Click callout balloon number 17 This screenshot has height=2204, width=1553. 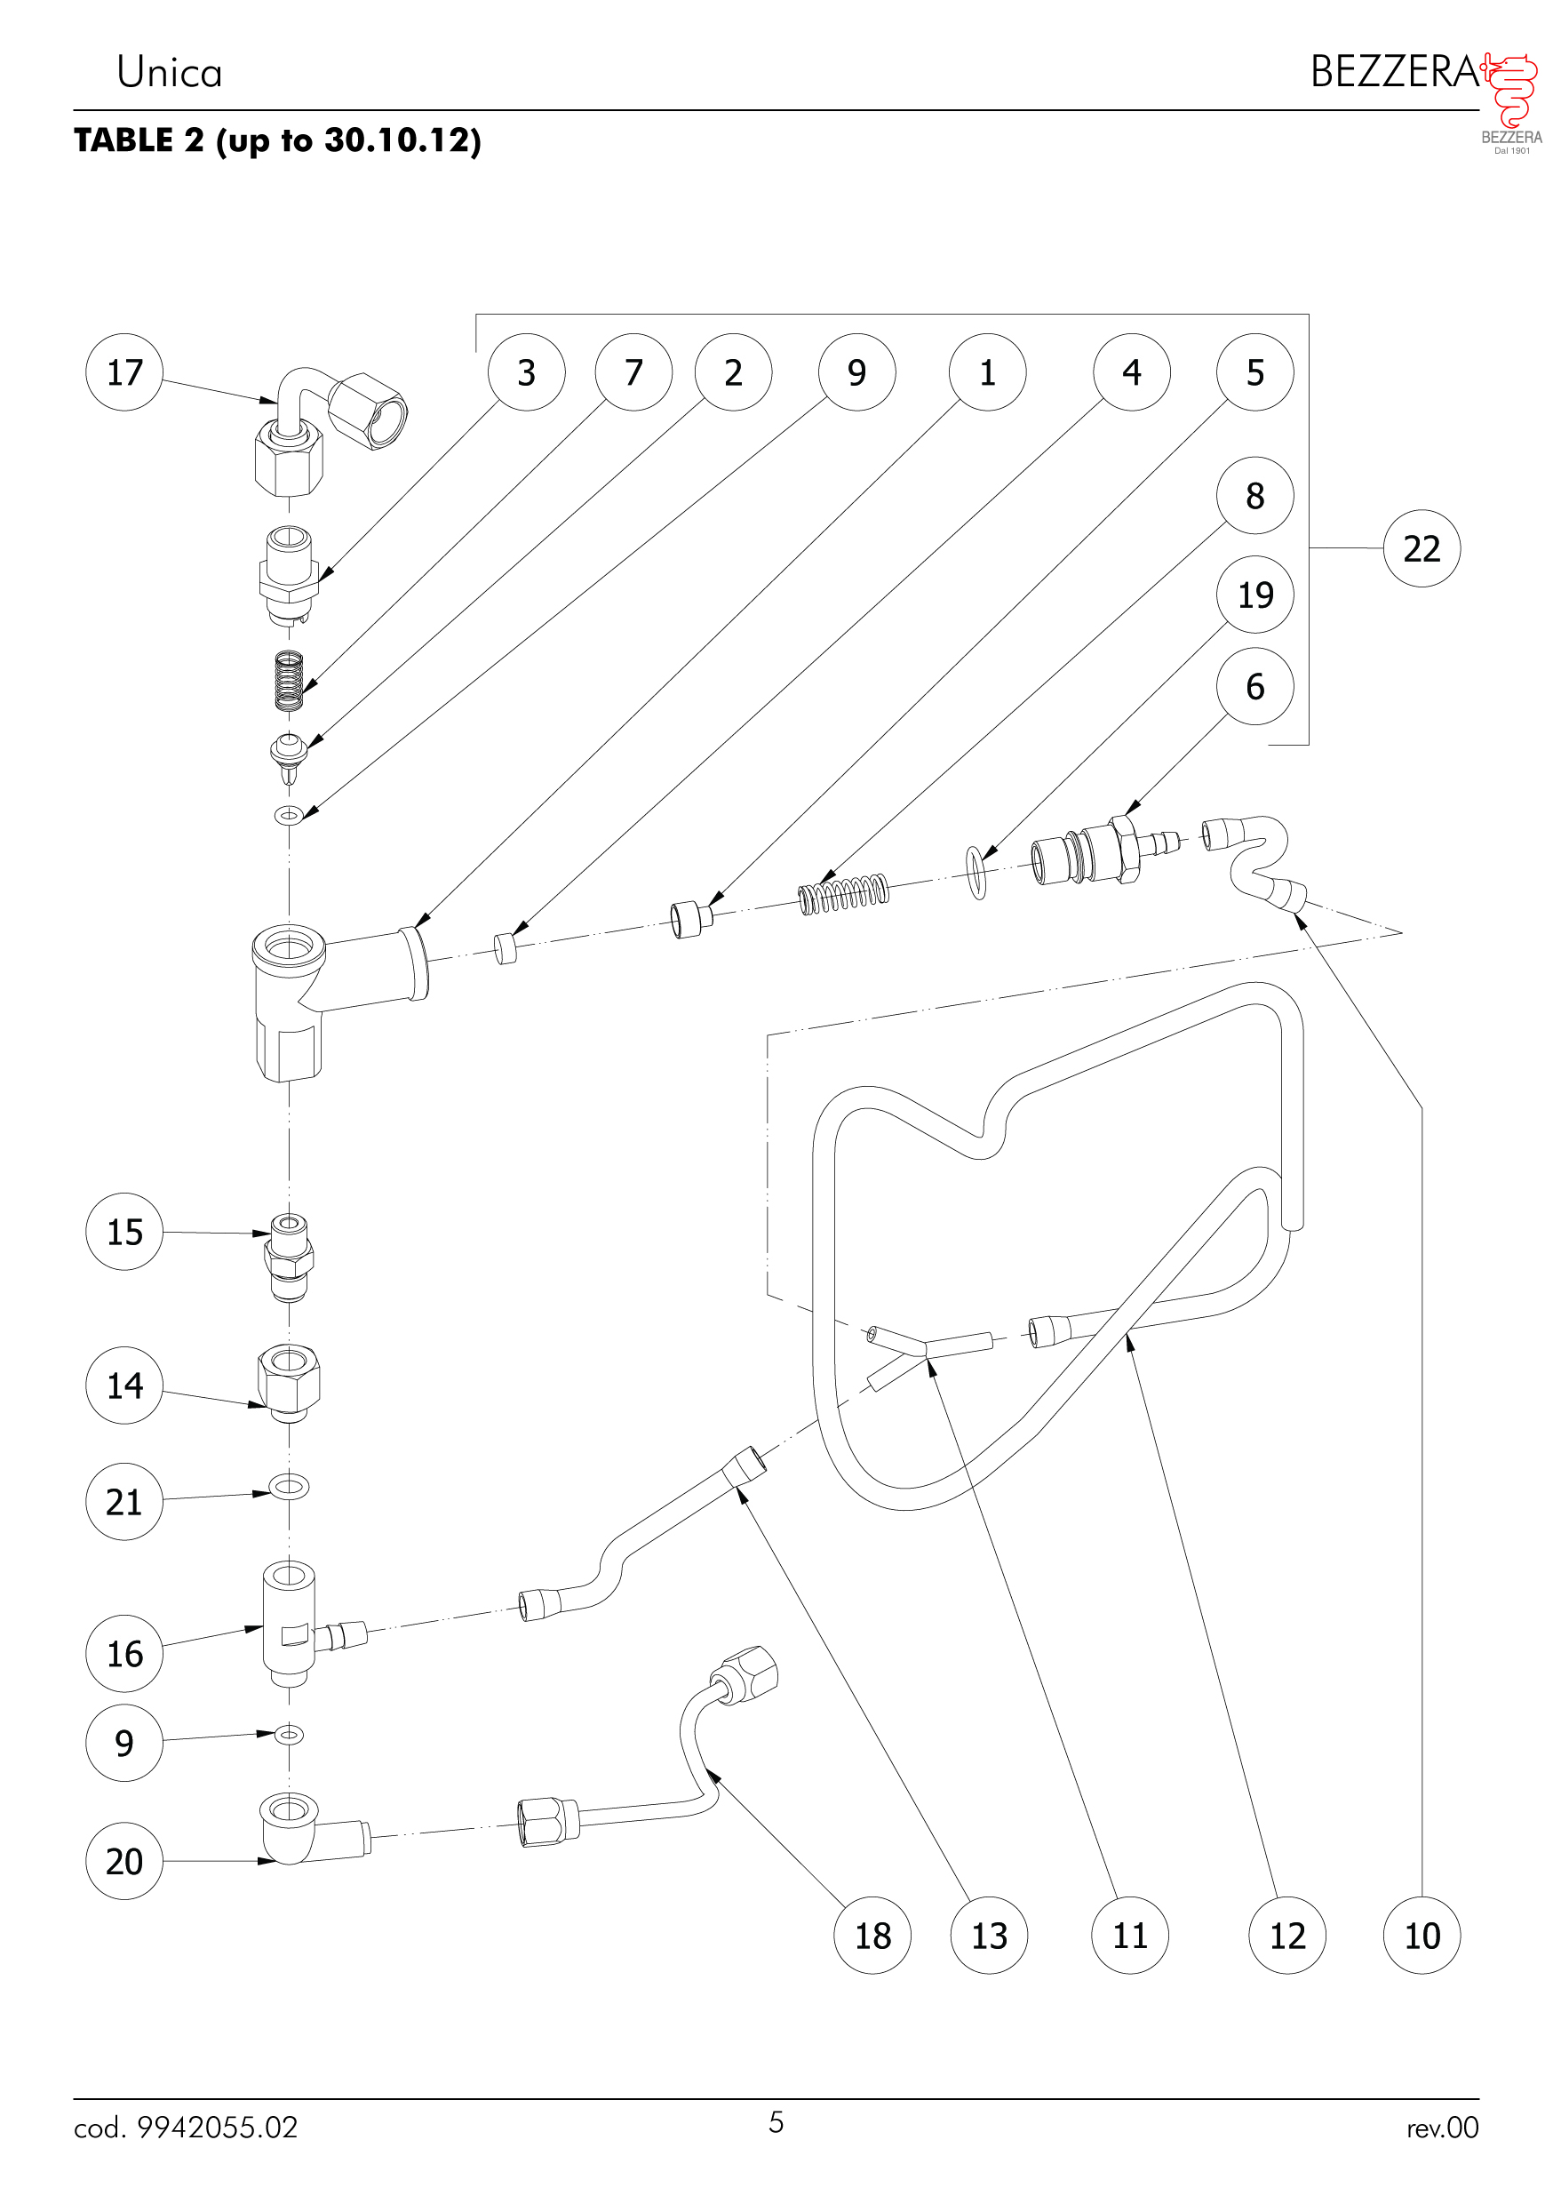[x=123, y=372]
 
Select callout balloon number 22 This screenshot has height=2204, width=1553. [x=1421, y=548]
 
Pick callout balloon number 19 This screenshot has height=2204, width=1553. [x=1254, y=595]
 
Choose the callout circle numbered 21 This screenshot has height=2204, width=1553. [x=123, y=1501]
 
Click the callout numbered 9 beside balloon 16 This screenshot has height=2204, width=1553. [x=123, y=1742]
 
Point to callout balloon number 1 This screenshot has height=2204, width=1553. [x=987, y=372]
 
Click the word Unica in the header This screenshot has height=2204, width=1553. [x=169, y=72]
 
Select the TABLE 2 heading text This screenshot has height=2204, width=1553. [x=277, y=140]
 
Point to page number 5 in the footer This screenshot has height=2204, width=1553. [x=776, y=2122]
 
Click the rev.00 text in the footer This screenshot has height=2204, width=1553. [x=1442, y=2128]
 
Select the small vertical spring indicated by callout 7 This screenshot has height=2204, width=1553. [x=289, y=681]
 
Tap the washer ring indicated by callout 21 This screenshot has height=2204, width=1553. [x=289, y=1488]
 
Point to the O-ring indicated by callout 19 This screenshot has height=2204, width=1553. [x=976, y=872]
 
